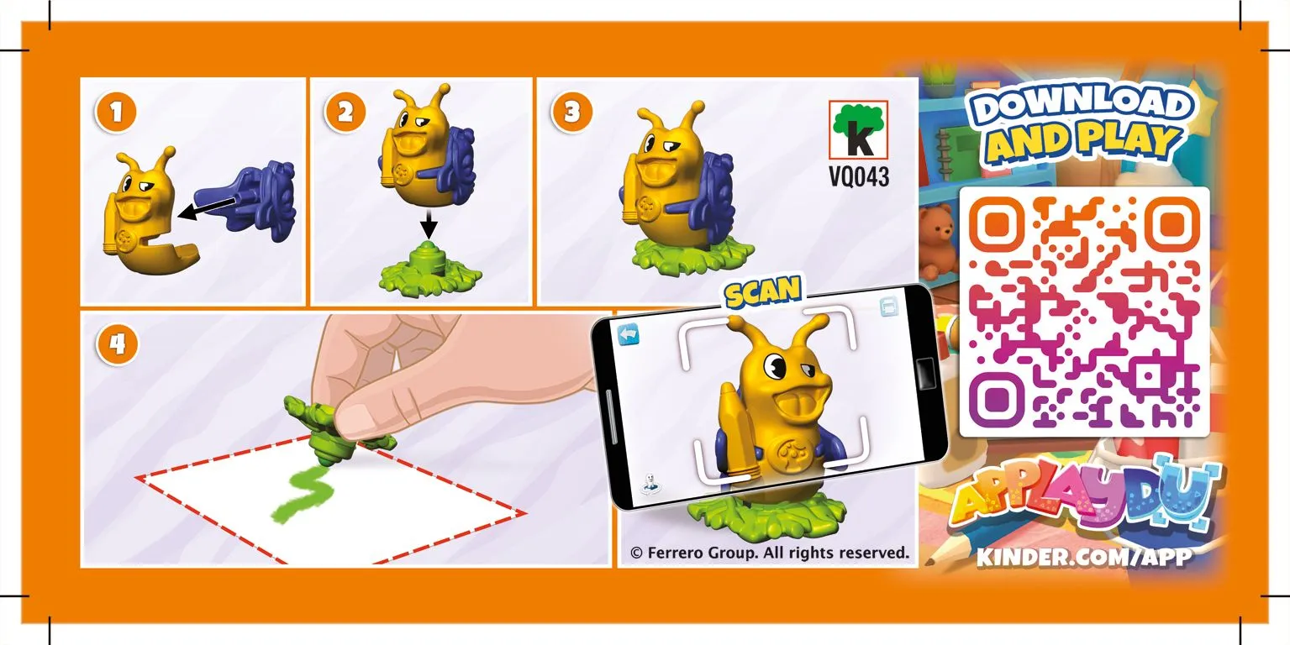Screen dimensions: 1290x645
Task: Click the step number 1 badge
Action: click(x=116, y=113)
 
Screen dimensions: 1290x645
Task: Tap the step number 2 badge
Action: click(x=345, y=113)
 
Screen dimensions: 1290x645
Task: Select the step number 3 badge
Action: click(x=571, y=113)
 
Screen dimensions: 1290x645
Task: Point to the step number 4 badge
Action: click(x=118, y=344)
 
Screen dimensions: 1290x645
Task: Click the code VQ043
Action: click(x=859, y=177)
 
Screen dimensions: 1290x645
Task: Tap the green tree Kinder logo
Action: click(x=858, y=129)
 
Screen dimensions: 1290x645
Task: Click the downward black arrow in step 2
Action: click(x=428, y=225)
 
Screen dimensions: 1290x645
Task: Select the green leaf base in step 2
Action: click(x=429, y=270)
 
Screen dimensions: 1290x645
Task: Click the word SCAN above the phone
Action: click(x=762, y=291)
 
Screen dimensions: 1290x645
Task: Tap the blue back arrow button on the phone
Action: click(x=629, y=334)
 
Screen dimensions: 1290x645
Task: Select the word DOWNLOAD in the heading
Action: click(x=1082, y=105)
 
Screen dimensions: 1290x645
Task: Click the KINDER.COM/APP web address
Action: click(x=1084, y=557)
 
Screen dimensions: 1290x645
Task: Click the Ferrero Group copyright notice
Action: click(x=770, y=553)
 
